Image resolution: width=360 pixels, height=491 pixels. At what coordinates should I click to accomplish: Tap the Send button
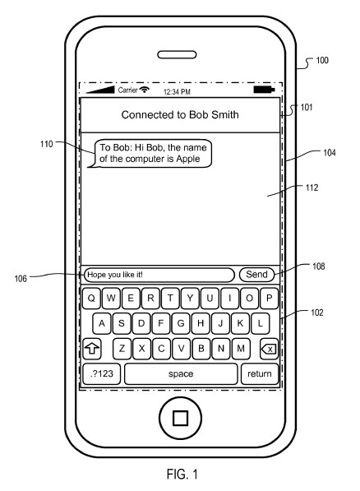[x=257, y=275]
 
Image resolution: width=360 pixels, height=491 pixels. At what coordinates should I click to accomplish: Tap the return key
[x=260, y=373]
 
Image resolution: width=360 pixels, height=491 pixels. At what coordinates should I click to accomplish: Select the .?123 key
[x=102, y=373]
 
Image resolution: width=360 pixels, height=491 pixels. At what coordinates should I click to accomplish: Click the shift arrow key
[x=93, y=349]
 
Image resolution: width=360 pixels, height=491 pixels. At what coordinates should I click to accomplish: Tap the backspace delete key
[x=268, y=349]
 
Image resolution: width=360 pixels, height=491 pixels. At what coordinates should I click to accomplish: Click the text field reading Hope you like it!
[x=159, y=275]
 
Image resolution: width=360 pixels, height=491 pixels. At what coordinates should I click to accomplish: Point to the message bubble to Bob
[x=154, y=153]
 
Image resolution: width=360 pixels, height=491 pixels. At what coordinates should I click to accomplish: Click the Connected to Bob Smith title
[x=180, y=115]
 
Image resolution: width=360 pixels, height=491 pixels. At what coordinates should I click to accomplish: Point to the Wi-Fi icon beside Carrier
[x=145, y=89]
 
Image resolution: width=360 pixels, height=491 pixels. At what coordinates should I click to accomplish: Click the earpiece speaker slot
[x=180, y=56]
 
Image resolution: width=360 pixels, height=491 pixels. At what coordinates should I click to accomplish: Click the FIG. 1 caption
[x=180, y=475]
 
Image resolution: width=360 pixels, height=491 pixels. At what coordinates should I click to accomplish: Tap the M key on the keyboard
[x=242, y=348]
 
